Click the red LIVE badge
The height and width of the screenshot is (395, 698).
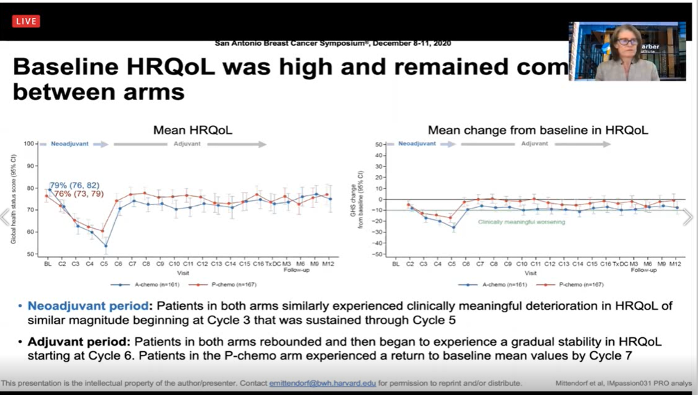pos(26,22)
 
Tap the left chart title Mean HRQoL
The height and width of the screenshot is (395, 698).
pos(193,130)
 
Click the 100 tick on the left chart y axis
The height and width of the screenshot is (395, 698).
pos(29,144)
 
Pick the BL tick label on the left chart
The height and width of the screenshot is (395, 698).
pos(47,264)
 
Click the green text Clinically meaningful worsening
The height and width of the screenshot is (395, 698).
pos(521,222)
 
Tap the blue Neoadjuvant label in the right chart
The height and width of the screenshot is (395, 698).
pos(417,144)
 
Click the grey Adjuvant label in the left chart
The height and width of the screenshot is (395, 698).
pos(187,144)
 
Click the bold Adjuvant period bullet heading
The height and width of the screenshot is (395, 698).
pos(78,342)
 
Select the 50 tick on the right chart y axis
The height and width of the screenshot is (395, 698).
pos(380,145)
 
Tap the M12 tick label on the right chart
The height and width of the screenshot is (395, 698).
pos(674,264)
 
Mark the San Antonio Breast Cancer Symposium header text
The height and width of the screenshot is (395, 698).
pos(332,43)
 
